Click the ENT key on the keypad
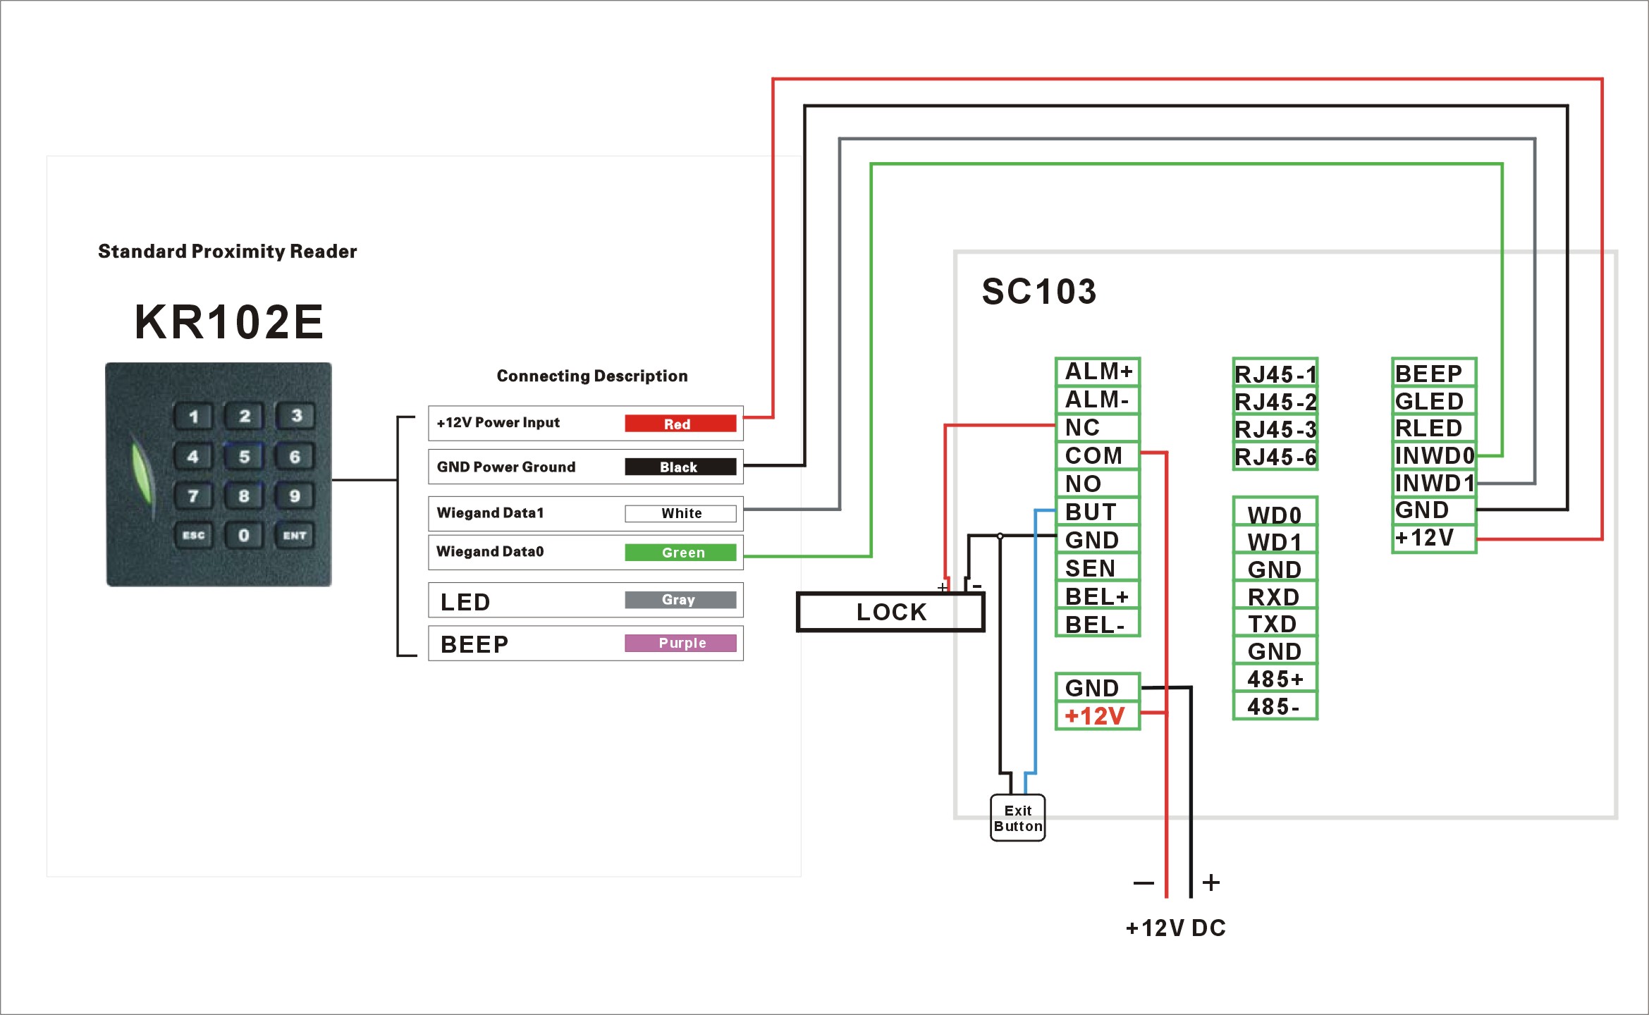pyautogui.click(x=295, y=535)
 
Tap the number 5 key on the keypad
pyautogui.click(x=244, y=456)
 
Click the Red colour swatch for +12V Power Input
pyautogui.click(x=680, y=423)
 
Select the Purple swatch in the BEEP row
pyautogui.click(x=680, y=643)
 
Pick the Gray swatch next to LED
pyautogui.click(x=680, y=600)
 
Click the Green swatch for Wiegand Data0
pyautogui.click(x=680, y=553)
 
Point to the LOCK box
pyautogui.click(x=890, y=612)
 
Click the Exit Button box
pyautogui.click(x=1017, y=818)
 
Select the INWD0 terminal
pyautogui.click(x=1434, y=455)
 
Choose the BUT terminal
pyautogui.click(x=1097, y=512)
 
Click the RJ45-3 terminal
pyautogui.click(x=1275, y=429)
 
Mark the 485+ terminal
pyautogui.click(x=1275, y=679)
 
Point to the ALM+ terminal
pyautogui.click(x=1097, y=371)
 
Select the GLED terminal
pyautogui.click(x=1434, y=401)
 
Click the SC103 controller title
pyautogui.click(x=1039, y=292)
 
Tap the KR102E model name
pyautogui.click(x=229, y=322)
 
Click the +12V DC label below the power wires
pyautogui.click(x=1176, y=928)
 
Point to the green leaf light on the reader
pyautogui.click(x=143, y=471)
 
